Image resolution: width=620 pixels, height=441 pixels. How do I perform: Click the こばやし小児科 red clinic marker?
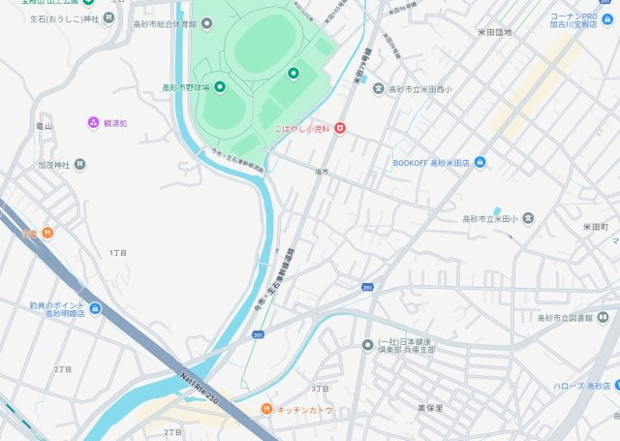pos(339,128)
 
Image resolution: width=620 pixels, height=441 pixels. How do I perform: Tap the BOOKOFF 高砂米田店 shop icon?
pos(480,162)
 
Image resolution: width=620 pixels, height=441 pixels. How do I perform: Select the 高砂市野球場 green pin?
pos(219,88)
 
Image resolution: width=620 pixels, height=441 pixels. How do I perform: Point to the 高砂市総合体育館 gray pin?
pos(206,22)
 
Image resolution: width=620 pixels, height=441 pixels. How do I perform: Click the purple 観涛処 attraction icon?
pos(93,123)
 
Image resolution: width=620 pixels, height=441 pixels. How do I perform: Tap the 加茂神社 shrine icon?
pos(79,165)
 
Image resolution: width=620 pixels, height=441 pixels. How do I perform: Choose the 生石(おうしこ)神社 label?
pos(64,17)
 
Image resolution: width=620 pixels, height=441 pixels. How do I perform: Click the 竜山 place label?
pos(44,126)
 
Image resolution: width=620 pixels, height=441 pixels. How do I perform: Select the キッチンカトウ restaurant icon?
pos(266,410)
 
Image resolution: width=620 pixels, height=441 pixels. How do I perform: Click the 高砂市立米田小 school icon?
pos(527,218)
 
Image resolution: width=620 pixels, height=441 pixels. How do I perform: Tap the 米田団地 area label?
pos(494,32)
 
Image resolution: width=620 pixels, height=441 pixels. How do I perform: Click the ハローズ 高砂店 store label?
pos(580,386)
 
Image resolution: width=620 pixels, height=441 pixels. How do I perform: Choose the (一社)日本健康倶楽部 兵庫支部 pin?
pos(367,345)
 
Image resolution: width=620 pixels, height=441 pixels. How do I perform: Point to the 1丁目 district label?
pos(118,252)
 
